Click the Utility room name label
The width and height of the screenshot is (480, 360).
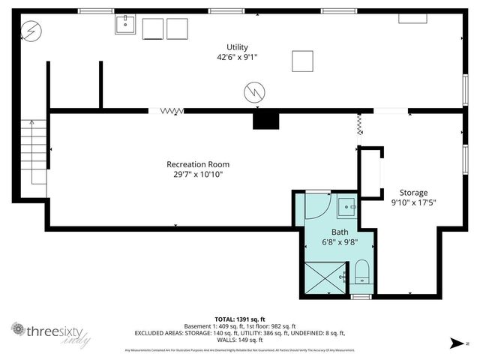click(x=237, y=47)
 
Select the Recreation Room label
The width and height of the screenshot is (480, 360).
click(x=198, y=164)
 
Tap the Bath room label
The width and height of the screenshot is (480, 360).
click(x=340, y=232)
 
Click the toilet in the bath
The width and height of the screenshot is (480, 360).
click(x=361, y=272)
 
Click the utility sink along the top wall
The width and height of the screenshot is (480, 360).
click(x=124, y=27)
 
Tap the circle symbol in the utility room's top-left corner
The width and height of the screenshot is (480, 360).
click(x=31, y=31)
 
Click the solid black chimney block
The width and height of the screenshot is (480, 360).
click(x=265, y=120)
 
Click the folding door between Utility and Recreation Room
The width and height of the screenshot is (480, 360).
click(x=172, y=111)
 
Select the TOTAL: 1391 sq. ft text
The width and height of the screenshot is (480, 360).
click(x=240, y=319)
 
